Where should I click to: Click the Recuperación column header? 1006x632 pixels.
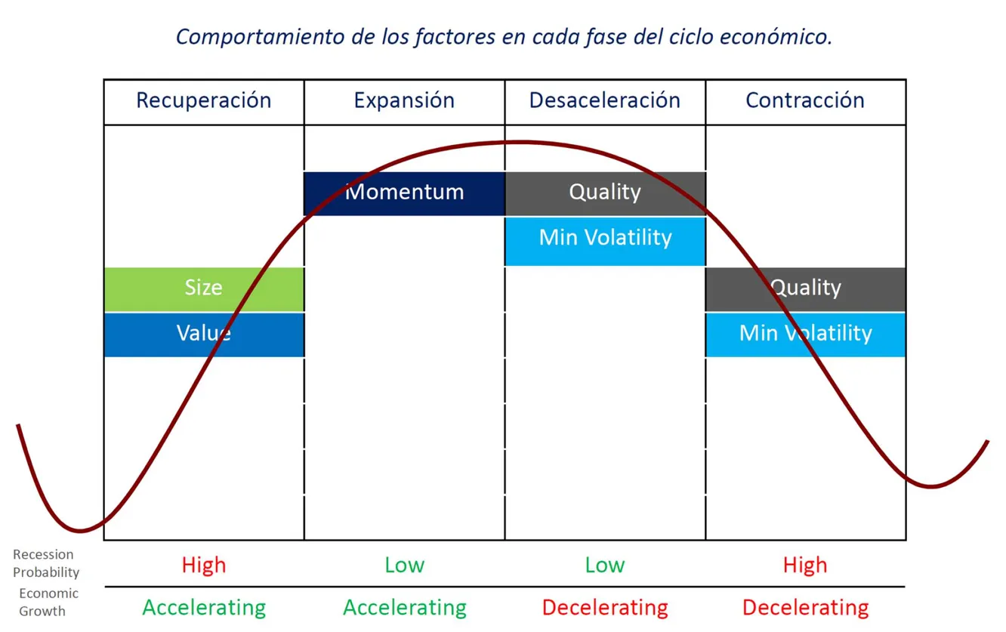pyautogui.click(x=203, y=100)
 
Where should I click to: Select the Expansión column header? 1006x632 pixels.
pyautogui.click(x=404, y=100)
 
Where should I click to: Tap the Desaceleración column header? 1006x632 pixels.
pyautogui.click(x=605, y=100)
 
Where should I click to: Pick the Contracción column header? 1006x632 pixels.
pyautogui.click(x=805, y=100)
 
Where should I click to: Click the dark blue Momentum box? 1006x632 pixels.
pyautogui.click(x=404, y=193)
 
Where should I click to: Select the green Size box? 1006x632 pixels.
pyautogui.click(x=204, y=288)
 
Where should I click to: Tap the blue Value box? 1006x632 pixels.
pyautogui.click(x=204, y=334)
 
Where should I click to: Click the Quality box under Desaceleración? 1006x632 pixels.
pyautogui.click(x=605, y=193)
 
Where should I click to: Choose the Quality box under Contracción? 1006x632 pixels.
pyautogui.click(x=805, y=288)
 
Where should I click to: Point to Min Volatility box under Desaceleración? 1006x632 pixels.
pyautogui.click(x=605, y=239)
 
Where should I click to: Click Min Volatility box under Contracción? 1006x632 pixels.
pyautogui.click(x=805, y=334)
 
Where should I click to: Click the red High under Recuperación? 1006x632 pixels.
pyautogui.click(x=204, y=565)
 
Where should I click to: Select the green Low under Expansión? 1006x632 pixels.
pyautogui.click(x=404, y=565)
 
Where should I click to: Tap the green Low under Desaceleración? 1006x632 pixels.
pyautogui.click(x=605, y=565)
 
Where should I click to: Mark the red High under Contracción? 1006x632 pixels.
pyautogui.click(x=805, y=565)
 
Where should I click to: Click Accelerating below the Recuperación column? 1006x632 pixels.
pyautogui.click(x=204, y=607)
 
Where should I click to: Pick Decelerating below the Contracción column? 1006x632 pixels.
pyautogui.click(x=805, y=607)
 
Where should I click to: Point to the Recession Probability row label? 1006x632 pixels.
pyautogui.click(x=45, y=563)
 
